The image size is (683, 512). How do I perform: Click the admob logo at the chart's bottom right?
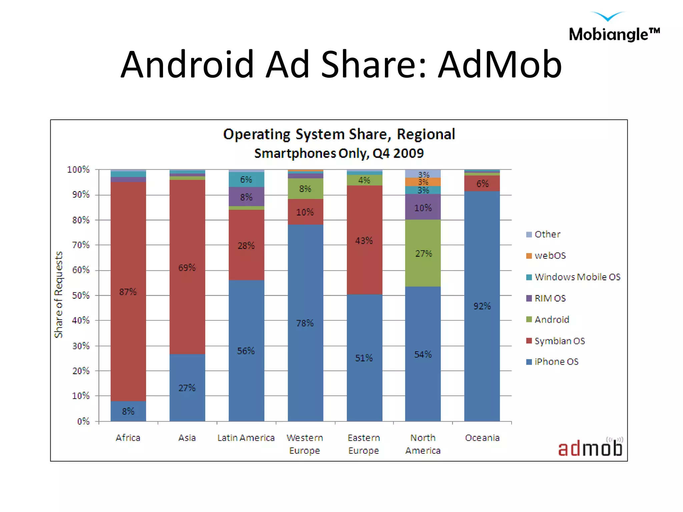tap(590, 448)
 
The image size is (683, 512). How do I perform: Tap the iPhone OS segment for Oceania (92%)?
tap(482, 306)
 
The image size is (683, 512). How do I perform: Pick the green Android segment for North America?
tap(423, 253)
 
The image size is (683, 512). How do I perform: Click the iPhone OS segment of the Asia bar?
tap(187, 387)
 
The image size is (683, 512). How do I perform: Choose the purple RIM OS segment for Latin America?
tap(246, 197)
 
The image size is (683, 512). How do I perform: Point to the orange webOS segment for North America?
tap(423, 182)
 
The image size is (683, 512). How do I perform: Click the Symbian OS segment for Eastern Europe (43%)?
tap(364, 240)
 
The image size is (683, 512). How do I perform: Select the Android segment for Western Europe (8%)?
tap(305, 189)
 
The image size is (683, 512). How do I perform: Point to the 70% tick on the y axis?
tap(81, 245)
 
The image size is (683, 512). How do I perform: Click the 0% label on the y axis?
tap(83, 421)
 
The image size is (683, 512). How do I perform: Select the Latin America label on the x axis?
tap(246, 438)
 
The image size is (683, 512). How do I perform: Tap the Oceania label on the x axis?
tap(482, 438)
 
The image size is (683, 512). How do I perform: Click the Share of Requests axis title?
tap(59, 295)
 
